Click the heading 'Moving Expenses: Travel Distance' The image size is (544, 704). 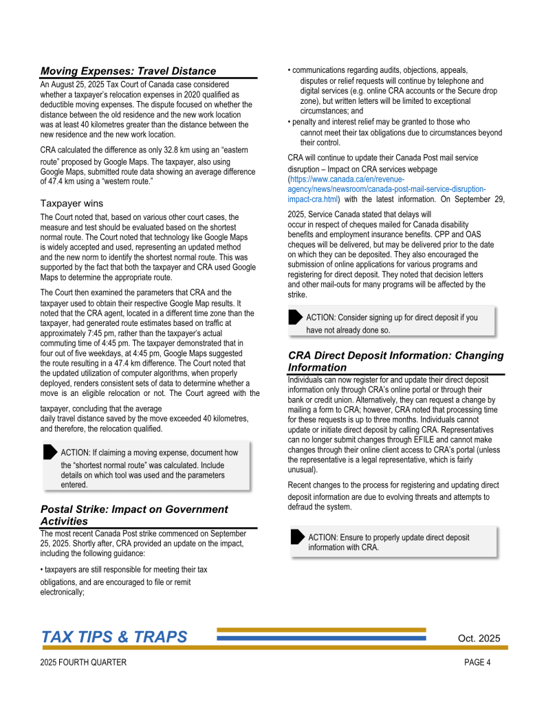pyautogui.click(x=128, y=71)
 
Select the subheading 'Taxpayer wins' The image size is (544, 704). pyautogui.click(x=72, y=203)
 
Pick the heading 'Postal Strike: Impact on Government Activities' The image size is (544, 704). pyautogui.click(x=134, y=515)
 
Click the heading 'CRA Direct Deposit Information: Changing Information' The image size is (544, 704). pyautogui.click(x=395, y=361)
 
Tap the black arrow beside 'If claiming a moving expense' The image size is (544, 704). pyautogui.click(x=49, y=452)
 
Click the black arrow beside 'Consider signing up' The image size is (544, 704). pyautogui.click(x=295, y=317)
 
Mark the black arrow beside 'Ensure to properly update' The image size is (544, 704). pyautogui.click(x=297, y=536)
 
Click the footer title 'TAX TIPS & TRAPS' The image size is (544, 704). pyautogui.click(x=114, y=637)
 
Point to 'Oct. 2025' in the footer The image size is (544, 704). pyautogui.click(x=479, y=639)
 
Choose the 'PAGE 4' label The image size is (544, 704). pyautogui.click(x=477, y=663)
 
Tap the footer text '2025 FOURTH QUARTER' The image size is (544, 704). pyautogui.click(x=83, y=663)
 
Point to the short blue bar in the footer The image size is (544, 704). pyautogui.click(x=321, y=638)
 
